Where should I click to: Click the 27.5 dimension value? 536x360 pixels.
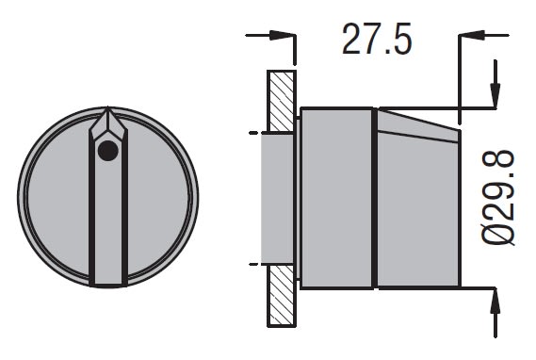tap(377, 40)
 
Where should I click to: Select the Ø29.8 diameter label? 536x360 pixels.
tap(498, 197)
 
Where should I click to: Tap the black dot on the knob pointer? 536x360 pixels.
tap(108, 151)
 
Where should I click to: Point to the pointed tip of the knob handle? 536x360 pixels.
tap(108, 107)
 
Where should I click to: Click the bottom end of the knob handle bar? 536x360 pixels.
tap(108, 284)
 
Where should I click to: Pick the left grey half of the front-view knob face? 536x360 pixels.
tap(58, 198)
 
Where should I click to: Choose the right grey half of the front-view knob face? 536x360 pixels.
tap(158, 198)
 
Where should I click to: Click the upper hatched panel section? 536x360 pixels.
tap(281, 101)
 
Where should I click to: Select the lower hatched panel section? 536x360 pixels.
tap(281, 296)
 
